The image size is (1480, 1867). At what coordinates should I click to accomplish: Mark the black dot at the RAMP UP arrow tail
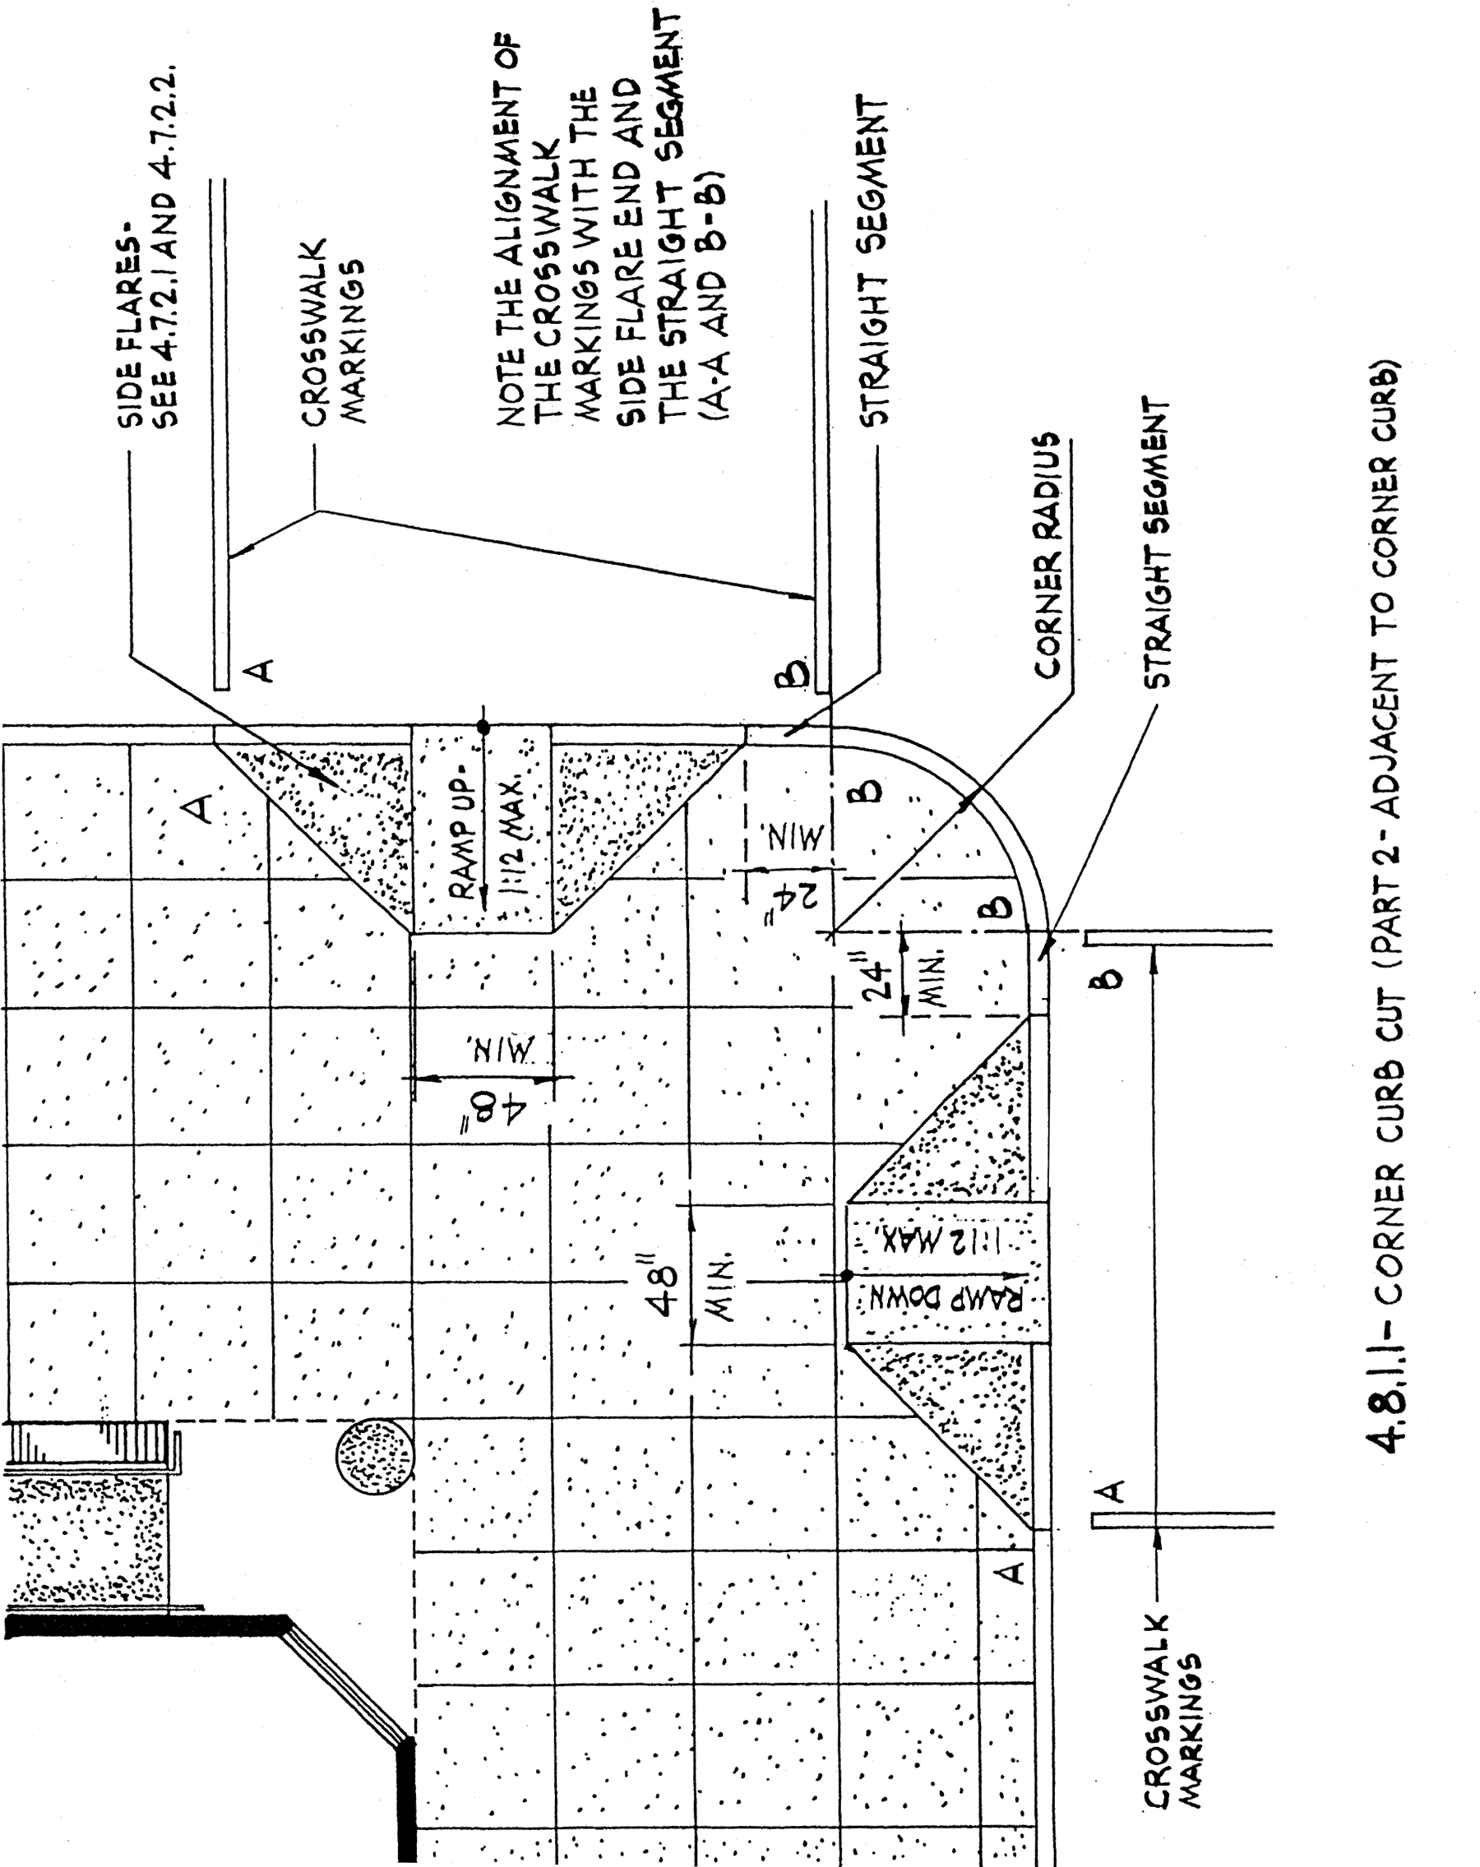coord(483,728)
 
